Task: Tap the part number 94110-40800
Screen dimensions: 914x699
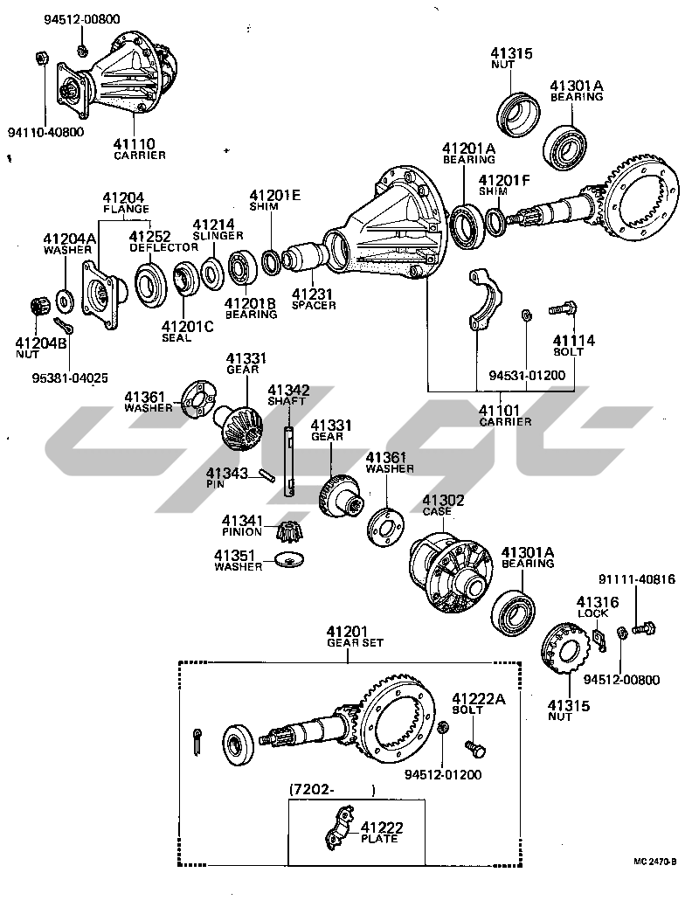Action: click(45, 133)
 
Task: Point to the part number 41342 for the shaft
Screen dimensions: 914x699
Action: click(288, 390)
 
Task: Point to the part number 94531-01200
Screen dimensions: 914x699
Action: click(527, 377)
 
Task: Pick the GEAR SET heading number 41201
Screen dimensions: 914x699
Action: click(348, 632)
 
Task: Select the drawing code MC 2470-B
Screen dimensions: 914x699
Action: click(656, 862)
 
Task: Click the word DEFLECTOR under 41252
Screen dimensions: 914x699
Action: click(164, 247)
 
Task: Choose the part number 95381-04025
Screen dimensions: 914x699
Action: click(71, 379)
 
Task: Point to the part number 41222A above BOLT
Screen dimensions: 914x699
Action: click(478, 698)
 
